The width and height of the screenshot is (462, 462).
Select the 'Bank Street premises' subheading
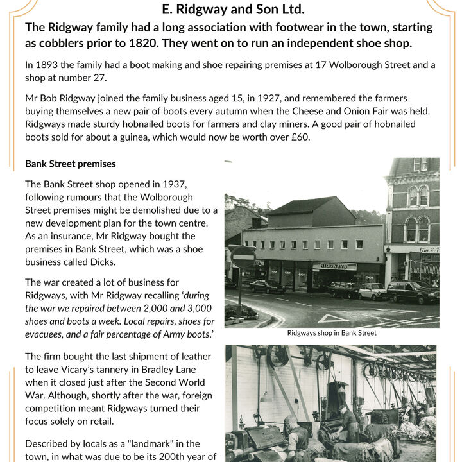pyautogui.click(x=71, y=164)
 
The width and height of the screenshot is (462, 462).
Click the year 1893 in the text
pyautogui.click(x=49, y=65)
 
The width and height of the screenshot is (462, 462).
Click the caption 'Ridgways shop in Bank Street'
pyautogui.click(x=332, y=333)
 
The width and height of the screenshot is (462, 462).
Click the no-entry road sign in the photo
pyautogui.click(x=243, y=257)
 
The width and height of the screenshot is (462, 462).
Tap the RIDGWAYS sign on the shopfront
pyautogui.click(x=334, y=266)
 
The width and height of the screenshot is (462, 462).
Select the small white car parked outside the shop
pyautogui.click(x=372, y=291)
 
